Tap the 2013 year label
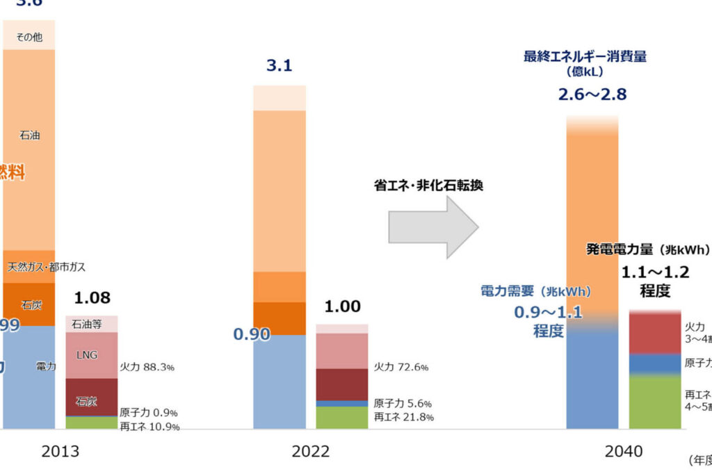[60, 452]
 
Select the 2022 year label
[311, 452]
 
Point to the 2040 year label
[624, 452]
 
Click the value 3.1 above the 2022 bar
[279, 66]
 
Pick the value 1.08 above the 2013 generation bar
[92, 298]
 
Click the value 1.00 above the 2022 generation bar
[342, 307]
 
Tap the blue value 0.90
[252, 334]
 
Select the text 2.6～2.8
[592, 94]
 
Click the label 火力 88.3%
[147, 366]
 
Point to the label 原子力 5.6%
[403, 403]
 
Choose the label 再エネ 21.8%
[403, 417]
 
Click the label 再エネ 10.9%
[149, 426]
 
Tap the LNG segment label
[88, 355]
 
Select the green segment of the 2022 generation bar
[342, 417]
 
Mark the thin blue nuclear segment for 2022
[342, 403]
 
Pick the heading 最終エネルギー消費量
[585, 56]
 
